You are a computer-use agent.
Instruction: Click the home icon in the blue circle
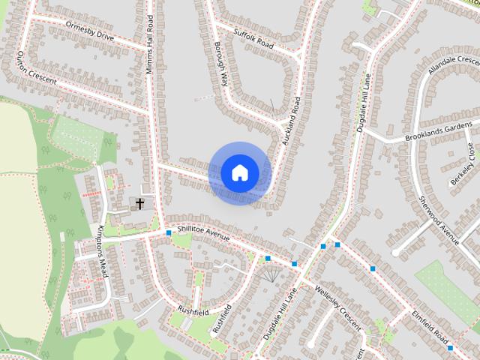coord(239,173)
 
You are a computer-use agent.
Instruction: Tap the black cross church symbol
coord(139,202)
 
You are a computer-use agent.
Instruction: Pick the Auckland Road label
coord(291,120)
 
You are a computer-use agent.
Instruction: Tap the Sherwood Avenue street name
coord(439,218)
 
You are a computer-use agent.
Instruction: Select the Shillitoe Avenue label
coord(203,234)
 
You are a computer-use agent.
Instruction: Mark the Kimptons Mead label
coord(103,250)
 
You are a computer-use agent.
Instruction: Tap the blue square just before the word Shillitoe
coord(169,233)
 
